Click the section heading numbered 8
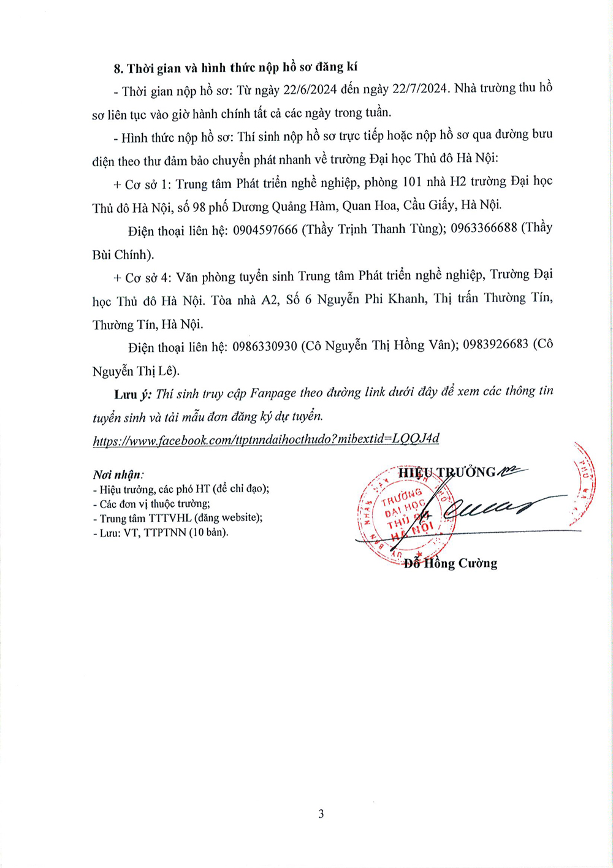click(x=235, y=67)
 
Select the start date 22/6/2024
click(x=309, y=90)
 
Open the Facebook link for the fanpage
click(x=266, y=440)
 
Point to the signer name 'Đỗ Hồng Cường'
click(x=450, y=563)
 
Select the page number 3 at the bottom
click(x=321, y=814)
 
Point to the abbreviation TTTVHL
click(x=169, y=518)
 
